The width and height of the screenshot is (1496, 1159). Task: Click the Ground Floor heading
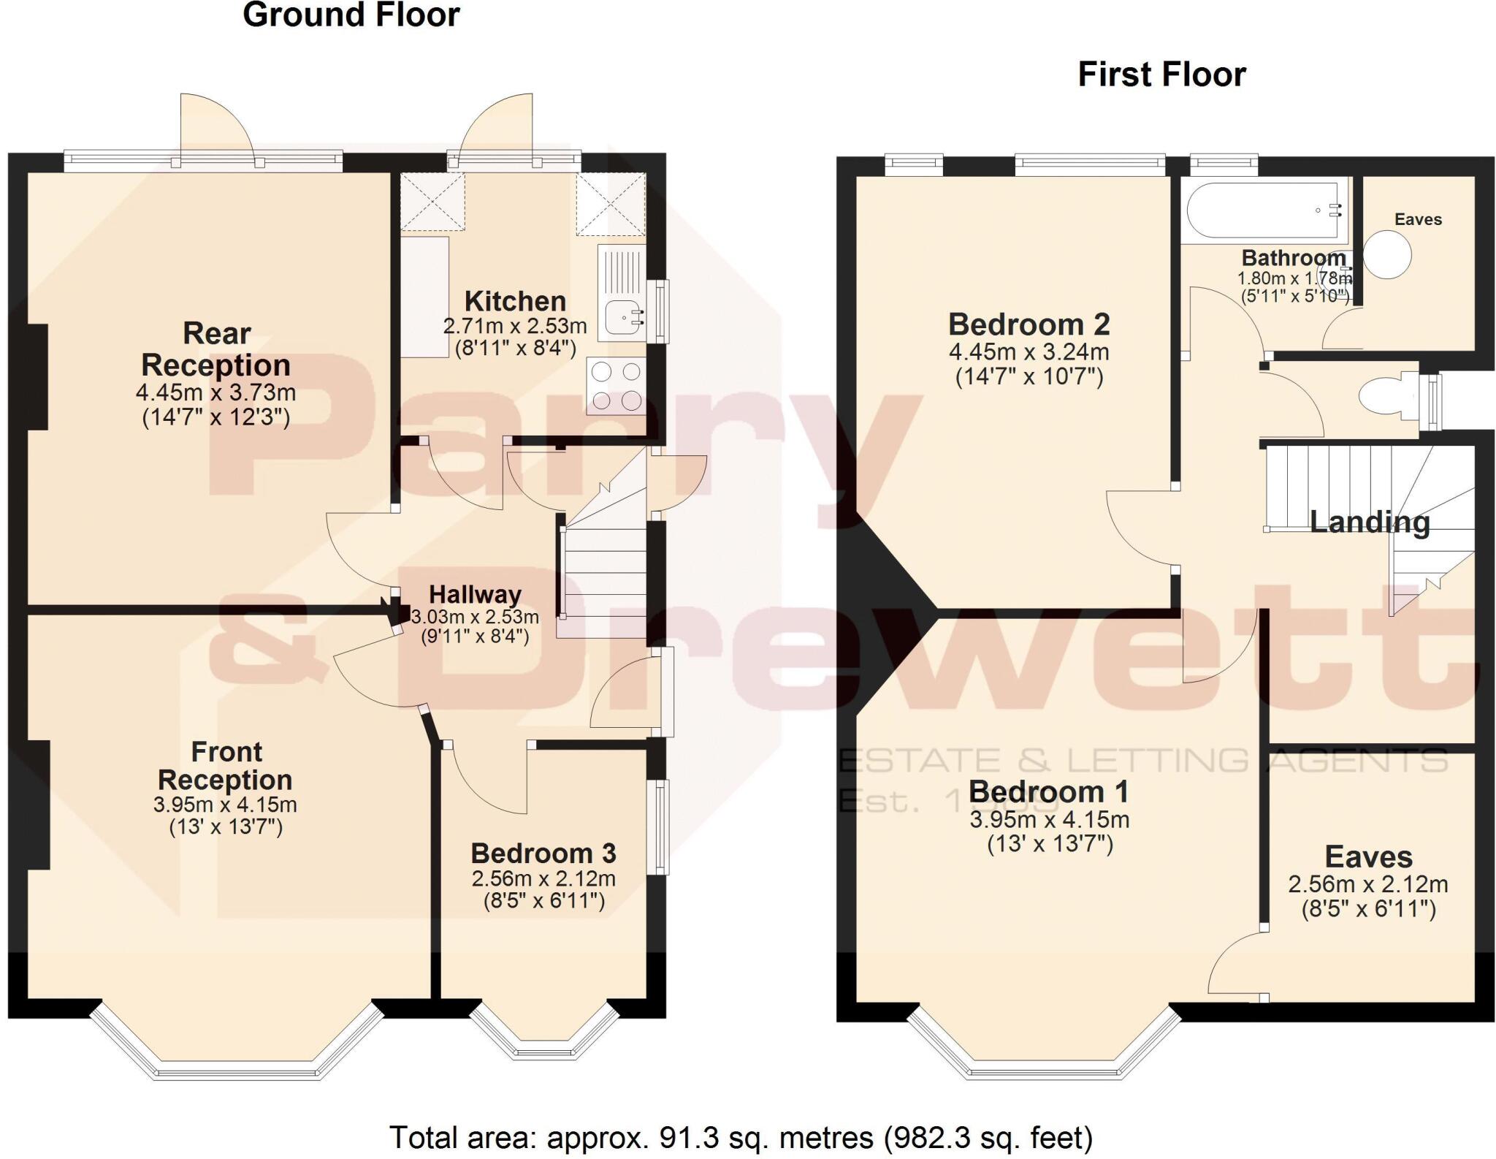pos(351,15)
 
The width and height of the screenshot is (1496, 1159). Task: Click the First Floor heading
pos(1161,75)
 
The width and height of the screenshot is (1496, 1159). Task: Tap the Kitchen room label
pos(515,301)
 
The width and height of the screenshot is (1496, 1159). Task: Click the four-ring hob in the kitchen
pos(616,386)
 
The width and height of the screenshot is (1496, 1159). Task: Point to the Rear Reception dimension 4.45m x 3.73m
pos(215,392)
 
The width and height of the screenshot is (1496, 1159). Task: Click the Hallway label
pos(475,594)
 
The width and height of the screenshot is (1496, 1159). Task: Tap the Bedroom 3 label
pos(543,853)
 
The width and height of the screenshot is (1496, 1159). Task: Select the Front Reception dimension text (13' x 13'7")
pos(226,827)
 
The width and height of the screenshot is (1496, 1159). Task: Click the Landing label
pos(1369,522)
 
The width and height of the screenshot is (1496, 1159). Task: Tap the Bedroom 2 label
pos(1028,324)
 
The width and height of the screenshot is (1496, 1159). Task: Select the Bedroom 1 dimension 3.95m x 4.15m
pos(1049,819)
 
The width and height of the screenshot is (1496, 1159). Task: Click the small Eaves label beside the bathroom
pos(1418,219)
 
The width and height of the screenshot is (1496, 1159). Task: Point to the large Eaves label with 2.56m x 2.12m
pos(1368,856)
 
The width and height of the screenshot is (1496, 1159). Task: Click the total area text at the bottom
pos(741,1138)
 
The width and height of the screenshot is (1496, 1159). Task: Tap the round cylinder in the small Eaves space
pos(1386,255)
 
